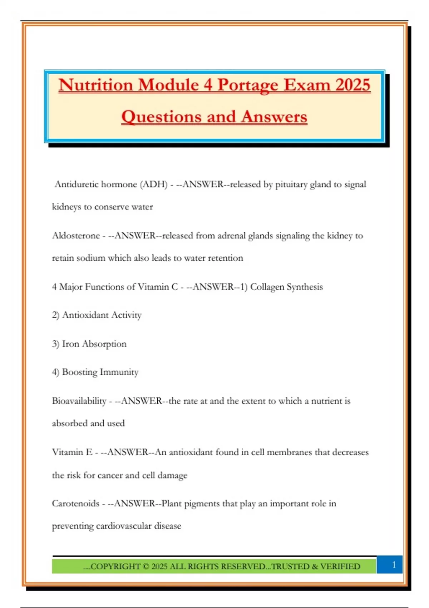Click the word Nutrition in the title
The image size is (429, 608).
click(96, 85)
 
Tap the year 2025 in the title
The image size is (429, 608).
click(352, 85)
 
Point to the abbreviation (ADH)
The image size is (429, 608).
click(154, 184)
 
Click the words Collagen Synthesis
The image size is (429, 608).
click(286, 286)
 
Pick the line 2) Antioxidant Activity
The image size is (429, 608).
click(97, 315)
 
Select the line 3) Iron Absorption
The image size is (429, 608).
click(89, 344)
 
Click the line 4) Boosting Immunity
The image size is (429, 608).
click(95, 372)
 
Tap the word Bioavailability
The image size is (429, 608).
click(79, 401)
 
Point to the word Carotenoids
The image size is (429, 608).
click(75, 503)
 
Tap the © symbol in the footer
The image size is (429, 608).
click(146, 567)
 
